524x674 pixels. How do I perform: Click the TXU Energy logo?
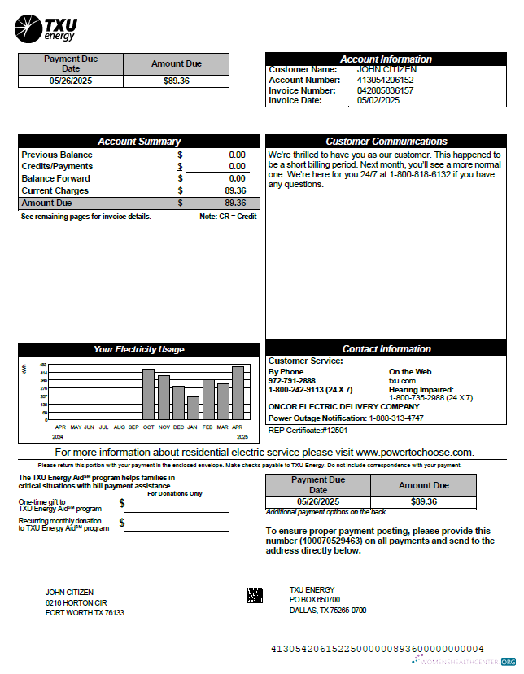click(46, 28)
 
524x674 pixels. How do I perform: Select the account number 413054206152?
click(385, 81)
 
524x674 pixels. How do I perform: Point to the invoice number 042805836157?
click(385, 90)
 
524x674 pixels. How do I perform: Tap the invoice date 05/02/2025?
click(378, 100)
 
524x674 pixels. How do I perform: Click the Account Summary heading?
click(139, 142)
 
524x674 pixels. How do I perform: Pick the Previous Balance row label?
click(57, 155)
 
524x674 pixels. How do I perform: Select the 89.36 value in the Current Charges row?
click(235, 190)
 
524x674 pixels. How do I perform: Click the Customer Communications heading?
click(386, 142)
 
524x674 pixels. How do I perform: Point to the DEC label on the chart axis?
click(178, 427)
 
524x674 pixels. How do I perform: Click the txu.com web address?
click(402, 380)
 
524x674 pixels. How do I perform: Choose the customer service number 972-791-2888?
click(292, 380)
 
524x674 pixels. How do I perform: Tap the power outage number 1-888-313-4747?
click(396, 418)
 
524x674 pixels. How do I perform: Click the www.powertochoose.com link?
click(414, 452)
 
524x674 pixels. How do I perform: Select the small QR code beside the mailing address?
click(255, 595)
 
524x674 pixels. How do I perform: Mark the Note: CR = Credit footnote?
click(228, 217)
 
